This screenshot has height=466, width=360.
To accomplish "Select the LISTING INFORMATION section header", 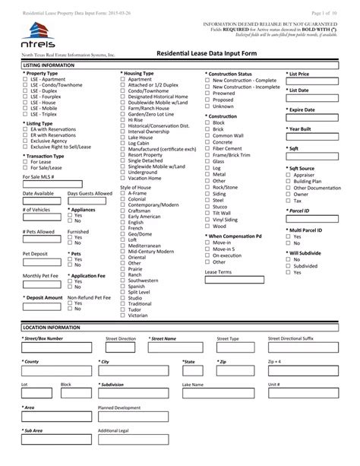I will click(46, 66).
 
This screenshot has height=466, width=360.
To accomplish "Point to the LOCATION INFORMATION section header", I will click(49, 326).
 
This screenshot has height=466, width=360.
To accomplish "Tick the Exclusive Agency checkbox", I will click(26, 141).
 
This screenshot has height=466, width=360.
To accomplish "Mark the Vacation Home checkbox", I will click(124, 178).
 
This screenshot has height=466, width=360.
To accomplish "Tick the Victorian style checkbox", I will click(124, 315).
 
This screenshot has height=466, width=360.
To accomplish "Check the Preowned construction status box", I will click(208, 93).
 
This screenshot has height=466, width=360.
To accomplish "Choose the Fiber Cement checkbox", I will click(208, 148).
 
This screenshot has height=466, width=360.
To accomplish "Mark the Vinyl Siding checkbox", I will click(208, 219).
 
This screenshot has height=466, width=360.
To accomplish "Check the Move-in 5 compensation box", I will click(208, 249).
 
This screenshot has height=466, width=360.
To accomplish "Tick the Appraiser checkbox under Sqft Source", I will click(288, 175).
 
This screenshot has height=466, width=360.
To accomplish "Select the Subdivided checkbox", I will click(288, 267).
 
